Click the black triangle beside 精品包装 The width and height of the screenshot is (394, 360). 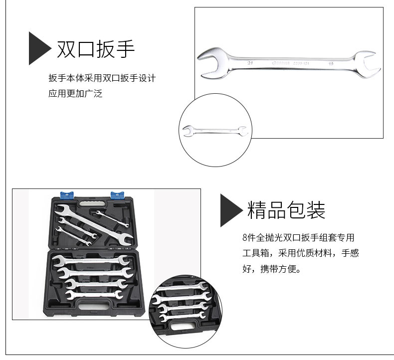tap(230, 210)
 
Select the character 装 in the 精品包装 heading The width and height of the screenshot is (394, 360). tap(316, 210)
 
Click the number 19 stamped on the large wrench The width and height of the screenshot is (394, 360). tap(331, 64)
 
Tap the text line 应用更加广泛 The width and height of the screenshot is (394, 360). tap(75, 93)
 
